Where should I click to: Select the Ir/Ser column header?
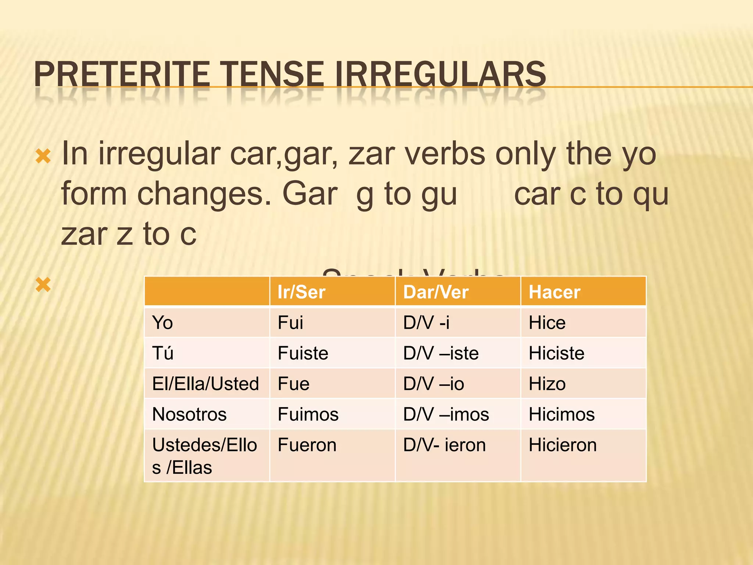(301, 292)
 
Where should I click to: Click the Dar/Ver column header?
(436, 292)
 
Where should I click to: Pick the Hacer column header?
(554, 292)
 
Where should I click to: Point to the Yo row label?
(163, 323)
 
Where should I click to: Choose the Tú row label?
(163, 353)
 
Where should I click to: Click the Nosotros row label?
(189, 414)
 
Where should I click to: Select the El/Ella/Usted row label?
(206, 384)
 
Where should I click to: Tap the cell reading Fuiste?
(303, 353)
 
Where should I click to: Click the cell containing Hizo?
(547, 384)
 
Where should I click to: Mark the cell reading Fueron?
(307, 445)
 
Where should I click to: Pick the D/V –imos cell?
(446, 414)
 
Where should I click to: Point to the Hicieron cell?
(563, 445)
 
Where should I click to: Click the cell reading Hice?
(547, 323)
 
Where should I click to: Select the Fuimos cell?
(308, 414)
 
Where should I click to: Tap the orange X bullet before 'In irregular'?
(43, 156)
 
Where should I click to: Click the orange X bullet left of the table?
(43, 285)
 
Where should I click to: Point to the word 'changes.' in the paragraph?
(204, 194)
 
